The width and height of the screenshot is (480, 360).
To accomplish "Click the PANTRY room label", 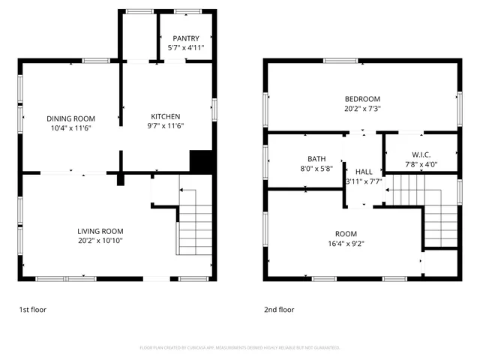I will pos(187,38).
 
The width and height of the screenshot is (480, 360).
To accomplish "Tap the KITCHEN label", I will pos(166,116).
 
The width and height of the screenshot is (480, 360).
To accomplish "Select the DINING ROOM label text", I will pos(70,118).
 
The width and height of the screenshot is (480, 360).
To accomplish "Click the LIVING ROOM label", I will pos(100,231).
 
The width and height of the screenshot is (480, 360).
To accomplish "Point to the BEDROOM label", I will pos(362,99).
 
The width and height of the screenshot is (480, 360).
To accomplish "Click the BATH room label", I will pos(316,159).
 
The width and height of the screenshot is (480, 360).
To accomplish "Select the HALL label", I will pos(364,172).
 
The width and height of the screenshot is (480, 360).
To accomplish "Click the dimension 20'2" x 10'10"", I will pos(100,241).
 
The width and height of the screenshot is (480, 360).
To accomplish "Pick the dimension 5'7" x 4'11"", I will pos(187,47).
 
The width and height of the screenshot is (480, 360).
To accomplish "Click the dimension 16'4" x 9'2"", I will pos(346,243).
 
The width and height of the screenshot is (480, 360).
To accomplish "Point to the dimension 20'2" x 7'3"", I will pos(362,109).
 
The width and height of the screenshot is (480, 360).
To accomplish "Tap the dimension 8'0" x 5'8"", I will pos(316,169).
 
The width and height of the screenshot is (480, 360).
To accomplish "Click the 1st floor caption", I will pos(33,309).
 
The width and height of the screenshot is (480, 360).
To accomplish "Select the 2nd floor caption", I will pos(279,309).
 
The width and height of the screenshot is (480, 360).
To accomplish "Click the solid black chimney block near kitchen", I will pos(200,161).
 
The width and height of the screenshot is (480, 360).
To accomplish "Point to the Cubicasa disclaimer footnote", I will pos(240,347).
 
